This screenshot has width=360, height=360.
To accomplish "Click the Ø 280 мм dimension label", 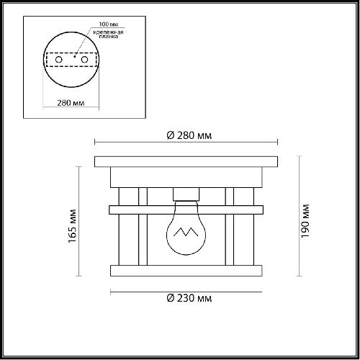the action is click(x=189, y=135).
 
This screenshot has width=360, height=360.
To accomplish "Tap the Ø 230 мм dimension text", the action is click(x=189, y=298).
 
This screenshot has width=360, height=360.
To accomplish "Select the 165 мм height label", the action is click(x=72, y=226).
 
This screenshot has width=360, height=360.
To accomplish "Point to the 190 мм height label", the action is click(x=305, y=221).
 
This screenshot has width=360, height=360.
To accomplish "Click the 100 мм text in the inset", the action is click(x=109, y=24).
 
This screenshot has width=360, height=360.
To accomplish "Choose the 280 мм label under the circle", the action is click(x=71, y=103).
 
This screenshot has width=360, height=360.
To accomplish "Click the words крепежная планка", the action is click(x=109, y=35).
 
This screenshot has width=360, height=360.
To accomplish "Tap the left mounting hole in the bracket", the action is click(x=59, y=60).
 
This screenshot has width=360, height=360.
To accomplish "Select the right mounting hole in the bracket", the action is click(x=84, y=60).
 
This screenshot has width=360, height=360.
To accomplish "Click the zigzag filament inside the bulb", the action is click(x=186, y=232).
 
